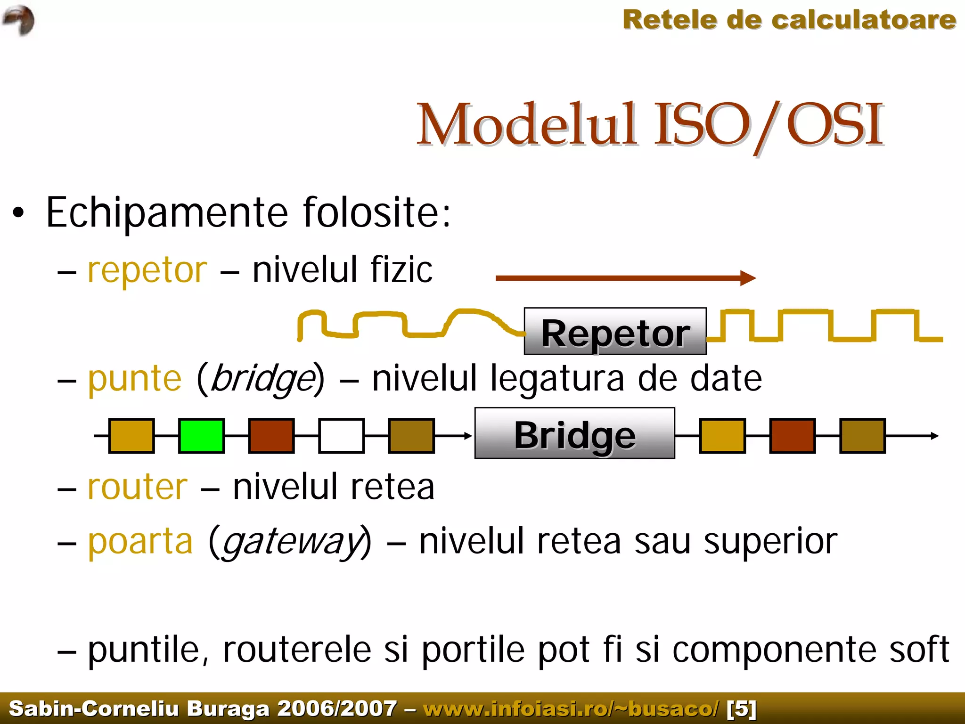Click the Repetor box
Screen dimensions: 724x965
coord(615,331)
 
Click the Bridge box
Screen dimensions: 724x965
coord(574,433)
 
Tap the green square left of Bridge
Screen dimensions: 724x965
coord(201,436)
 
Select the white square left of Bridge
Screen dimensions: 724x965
coord(341,436)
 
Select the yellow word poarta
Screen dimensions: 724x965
coord(140,542)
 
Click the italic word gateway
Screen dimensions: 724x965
coord(291,543)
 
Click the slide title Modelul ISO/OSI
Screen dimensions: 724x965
coord(650,124)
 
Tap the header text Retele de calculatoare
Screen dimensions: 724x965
coord(789,20)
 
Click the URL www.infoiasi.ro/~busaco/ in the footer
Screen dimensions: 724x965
coord(571,708)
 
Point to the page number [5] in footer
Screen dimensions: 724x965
coord(741,708)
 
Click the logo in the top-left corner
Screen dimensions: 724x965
coord(19,20)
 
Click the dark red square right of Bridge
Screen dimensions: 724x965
coord(792,436)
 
